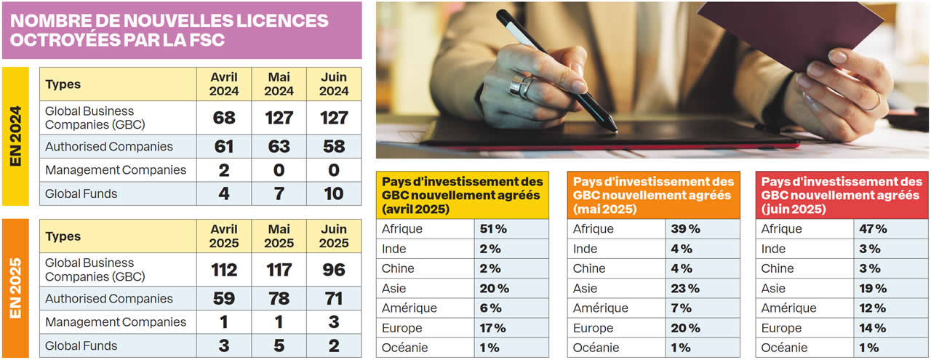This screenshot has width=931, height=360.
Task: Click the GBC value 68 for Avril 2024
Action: [224, 118]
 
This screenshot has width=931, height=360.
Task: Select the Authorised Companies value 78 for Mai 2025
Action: [279, 299]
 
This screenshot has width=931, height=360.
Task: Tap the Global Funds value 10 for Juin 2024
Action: [334, 194]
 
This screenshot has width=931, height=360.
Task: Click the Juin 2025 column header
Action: [334, 236]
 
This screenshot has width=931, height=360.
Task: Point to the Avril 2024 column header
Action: [224, 84]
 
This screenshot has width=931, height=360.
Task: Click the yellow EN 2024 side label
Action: [16, 136]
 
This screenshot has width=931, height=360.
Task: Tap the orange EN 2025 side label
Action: [16, 288]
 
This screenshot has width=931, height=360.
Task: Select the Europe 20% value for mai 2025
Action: [685, 328]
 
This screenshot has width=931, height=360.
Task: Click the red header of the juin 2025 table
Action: [842, 195]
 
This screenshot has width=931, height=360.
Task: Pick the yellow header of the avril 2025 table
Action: [463, 195]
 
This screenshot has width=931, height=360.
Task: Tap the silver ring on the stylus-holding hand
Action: [522, 87]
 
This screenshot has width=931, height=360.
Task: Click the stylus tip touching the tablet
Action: [615, 130]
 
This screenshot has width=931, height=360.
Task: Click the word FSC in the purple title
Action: [206, 40]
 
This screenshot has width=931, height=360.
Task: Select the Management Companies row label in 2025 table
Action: [116, 322]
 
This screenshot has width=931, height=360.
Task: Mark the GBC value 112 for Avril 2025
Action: [224, 270]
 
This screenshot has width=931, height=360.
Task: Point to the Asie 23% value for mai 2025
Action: [685, 289]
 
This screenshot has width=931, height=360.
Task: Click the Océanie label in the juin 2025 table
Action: [784, 348]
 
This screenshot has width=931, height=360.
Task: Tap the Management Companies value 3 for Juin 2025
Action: [334, 322]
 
